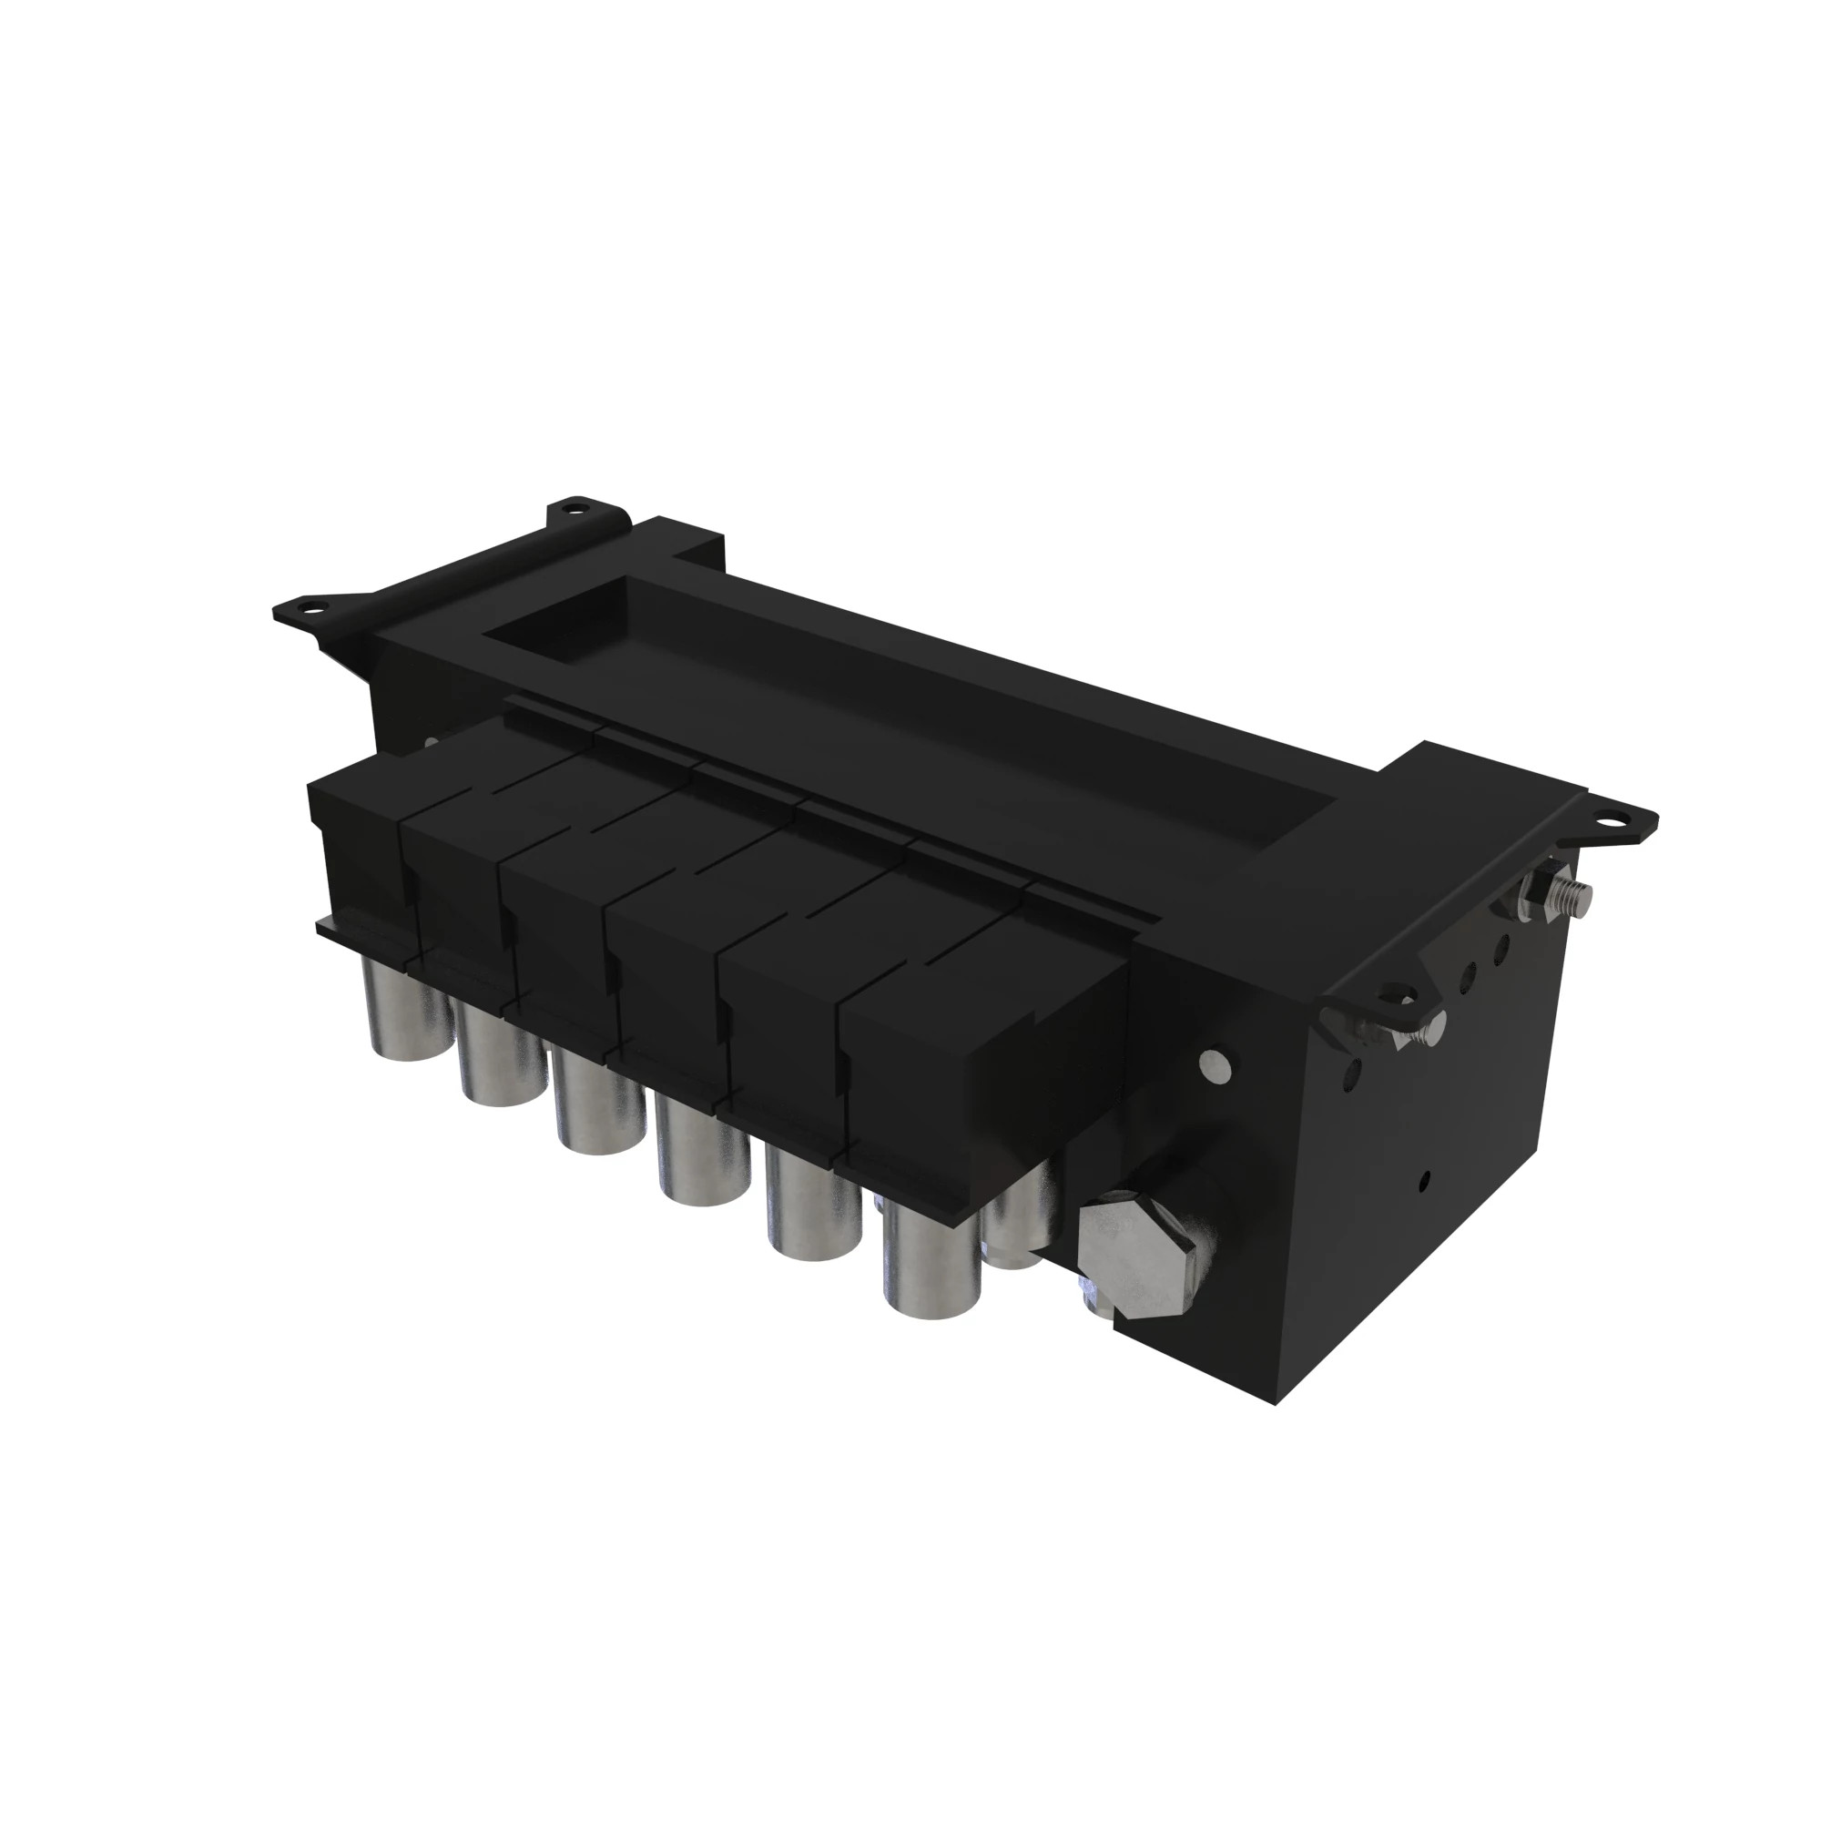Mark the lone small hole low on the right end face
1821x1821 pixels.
coord(1424,1178)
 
